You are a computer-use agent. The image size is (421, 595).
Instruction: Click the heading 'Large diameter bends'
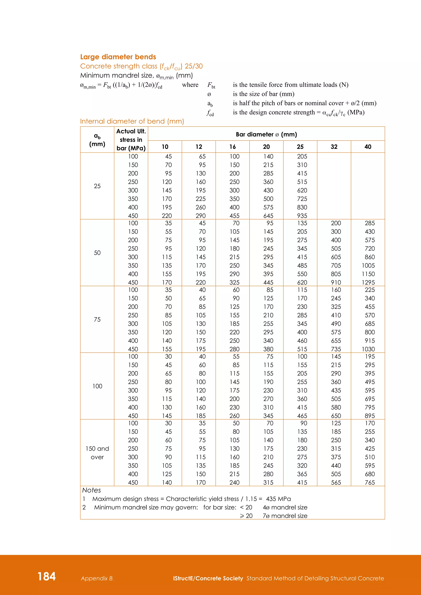(x=118, y=57)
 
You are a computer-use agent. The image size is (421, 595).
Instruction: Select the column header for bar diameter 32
(x=334, y=147)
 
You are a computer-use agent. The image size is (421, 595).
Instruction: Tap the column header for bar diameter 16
(x=232, y=147)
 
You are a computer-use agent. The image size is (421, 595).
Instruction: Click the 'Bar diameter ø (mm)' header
(x=266, y=134)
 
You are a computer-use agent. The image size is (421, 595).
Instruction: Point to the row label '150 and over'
(x=97, y=453)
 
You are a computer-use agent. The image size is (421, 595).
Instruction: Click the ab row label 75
(x=97, y=319)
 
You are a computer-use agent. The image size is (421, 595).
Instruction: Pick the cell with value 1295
(x=368, y=282)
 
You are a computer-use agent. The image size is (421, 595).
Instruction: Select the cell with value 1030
(x=368, y=349)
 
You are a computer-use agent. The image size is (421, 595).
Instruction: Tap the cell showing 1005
(x=368, y=265)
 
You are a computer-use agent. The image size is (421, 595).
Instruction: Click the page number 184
(x=47, y=576)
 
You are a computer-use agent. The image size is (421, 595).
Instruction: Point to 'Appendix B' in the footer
(x=97, y=578)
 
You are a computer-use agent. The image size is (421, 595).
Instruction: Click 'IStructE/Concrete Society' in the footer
(x=208, y=578)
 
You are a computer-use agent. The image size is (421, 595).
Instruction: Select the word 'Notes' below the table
(x=91, y=490)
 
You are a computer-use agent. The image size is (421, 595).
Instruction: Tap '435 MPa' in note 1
(x=278, y=499)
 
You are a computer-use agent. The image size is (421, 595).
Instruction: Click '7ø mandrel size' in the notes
(x=285, y=516)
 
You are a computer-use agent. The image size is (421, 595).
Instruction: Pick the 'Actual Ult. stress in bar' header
(x=131, y=140)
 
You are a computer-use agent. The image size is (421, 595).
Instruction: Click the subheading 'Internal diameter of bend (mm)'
(x=132, y=121)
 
